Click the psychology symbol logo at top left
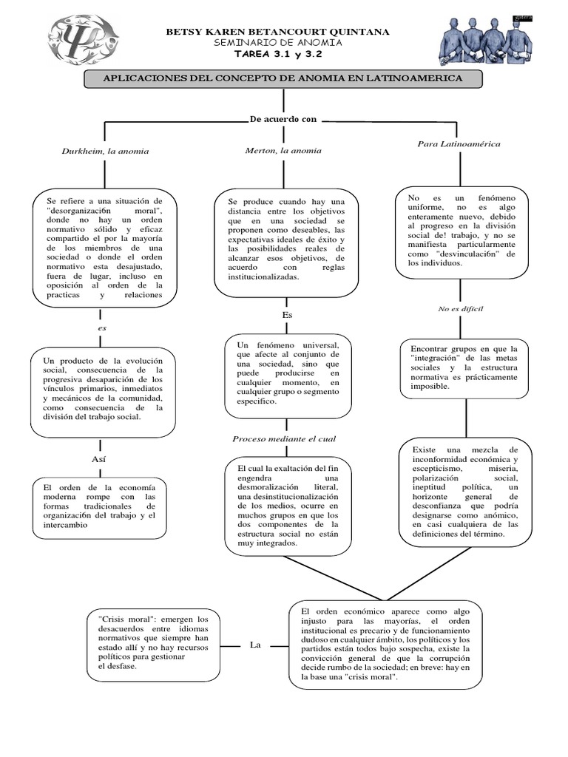pos(83,39)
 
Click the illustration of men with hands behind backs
pos(486,41)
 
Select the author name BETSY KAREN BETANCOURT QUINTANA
pos(278,32)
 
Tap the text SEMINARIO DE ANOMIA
pos(278,42)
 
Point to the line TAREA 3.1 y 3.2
pos(278,54)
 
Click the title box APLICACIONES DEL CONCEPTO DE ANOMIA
pos(283,78)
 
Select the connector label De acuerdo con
pos(283,119)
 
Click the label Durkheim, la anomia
pos(105,151)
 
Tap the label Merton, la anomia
pos(283,151)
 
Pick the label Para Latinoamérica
pos(459,144)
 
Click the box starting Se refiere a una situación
pos(105,248)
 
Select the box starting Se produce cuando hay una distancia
pos(286,242)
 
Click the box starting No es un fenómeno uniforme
pos(461,232)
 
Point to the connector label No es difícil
pos(460,309)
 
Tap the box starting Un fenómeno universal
pos(288,376)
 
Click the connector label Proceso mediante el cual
pos(284,439)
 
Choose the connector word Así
pos(98,459)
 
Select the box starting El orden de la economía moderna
pos(100,509)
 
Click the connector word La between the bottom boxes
pos(255,645)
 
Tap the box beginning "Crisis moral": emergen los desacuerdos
pos(154,645)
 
